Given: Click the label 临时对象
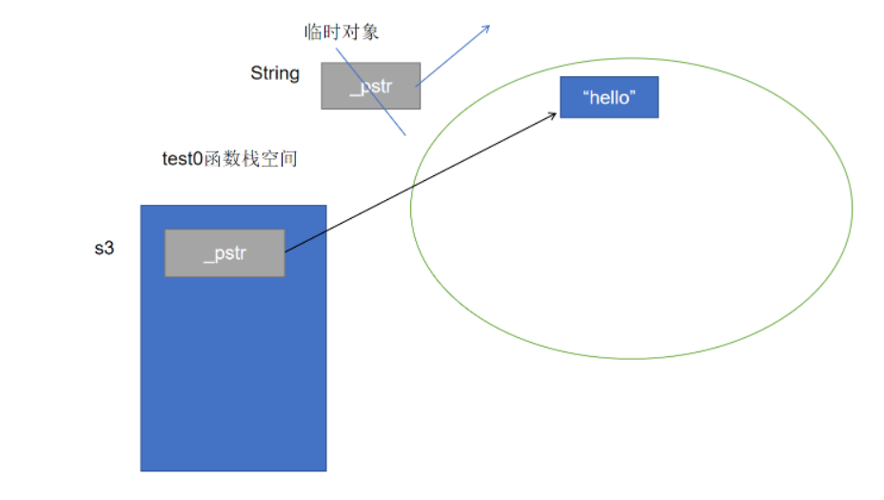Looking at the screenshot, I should [342, 32].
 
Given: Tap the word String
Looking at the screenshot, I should [275, 73].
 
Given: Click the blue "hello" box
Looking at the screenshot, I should [609, 98].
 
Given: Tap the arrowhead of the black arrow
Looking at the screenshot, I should [554, 114].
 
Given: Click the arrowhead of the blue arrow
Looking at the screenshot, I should [486, 28].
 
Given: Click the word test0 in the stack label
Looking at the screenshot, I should [182, 159].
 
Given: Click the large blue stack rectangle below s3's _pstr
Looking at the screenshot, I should [233, 381].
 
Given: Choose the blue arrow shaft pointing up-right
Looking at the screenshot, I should [453, 54].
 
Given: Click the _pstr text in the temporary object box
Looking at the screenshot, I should [369, 86].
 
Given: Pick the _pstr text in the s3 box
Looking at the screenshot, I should [225, 254].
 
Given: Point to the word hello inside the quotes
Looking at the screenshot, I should [609, 98].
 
